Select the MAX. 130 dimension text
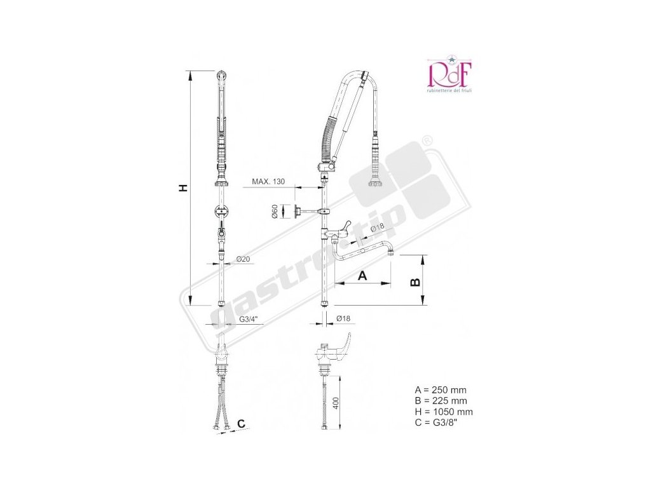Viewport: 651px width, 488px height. coord(268,182)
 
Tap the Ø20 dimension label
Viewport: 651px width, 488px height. coord(242,259)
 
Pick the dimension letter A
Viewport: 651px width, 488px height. coord(362,275)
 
